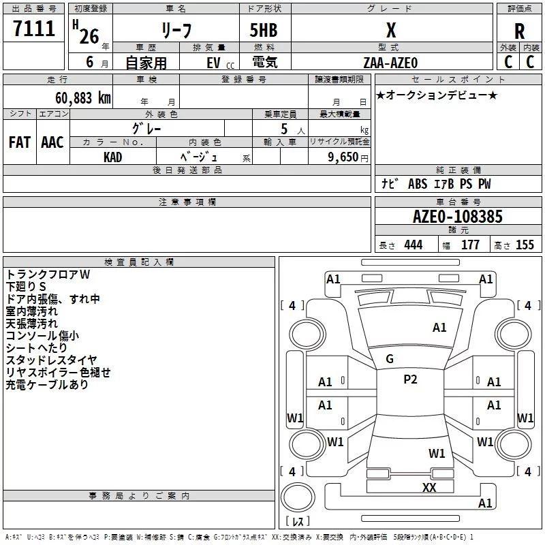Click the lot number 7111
[33, 29]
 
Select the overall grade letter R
[519, 31]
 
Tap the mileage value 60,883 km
[82, 98]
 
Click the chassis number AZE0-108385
[457, 217]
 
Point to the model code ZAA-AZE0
[390, 63]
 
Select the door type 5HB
[264, 30]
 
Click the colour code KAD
[112, 157]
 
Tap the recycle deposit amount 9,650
[343, 157]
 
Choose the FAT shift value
[20, 142]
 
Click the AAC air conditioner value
[52, 142]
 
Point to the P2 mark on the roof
[410, 379]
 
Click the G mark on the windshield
[390, 359]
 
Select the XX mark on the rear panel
[429, 487]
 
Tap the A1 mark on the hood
[439, 328]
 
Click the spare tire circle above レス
[298, 497]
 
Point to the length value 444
[414, 245]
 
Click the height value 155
[525, 245]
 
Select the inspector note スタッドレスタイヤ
[51, 360]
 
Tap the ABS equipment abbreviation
[418, 184]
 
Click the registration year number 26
[89, 37]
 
